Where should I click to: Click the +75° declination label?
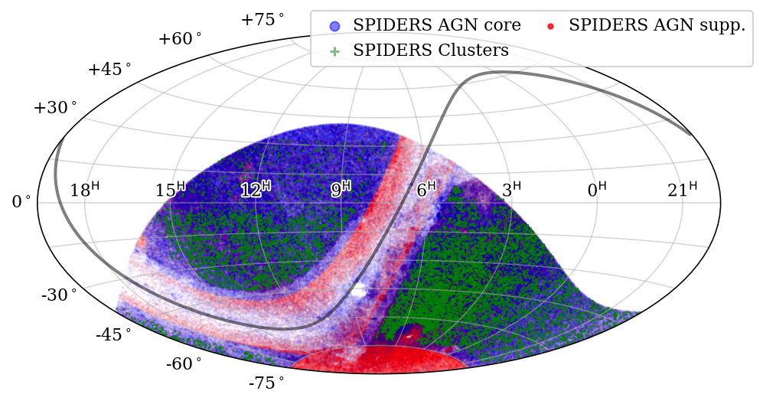coord(262,19)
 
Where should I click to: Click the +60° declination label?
coord(181,39)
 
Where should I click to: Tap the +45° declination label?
coord(109,70)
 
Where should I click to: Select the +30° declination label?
coord(55,108)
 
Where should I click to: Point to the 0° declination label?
coord(21,202)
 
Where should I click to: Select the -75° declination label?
coord(266,381)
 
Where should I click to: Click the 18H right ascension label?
coord(84,189)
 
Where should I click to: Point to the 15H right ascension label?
coord(171,189)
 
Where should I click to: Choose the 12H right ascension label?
coord(256,189)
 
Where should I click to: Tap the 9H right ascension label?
coord(341,189)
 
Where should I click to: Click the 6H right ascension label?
coord(426,189)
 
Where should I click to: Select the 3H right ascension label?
coord(511,189)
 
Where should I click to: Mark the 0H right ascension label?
coord(597,189)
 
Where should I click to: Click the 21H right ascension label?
coord(682,189)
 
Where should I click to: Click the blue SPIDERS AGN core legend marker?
coord(334,25)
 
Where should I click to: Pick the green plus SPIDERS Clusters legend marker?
coord(334,50)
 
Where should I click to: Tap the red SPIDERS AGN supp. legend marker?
coord(549,25)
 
